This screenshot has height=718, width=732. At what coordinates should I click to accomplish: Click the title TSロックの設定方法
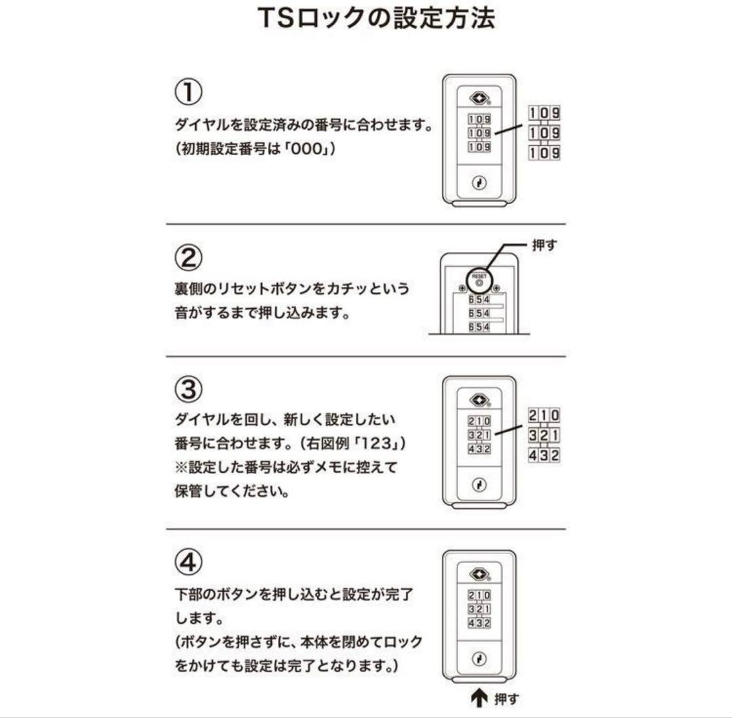click(x=376, y=18)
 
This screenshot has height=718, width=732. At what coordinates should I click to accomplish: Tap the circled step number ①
click(x=188, y=93)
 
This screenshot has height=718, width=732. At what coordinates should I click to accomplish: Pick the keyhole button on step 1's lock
click(x=479, y=184)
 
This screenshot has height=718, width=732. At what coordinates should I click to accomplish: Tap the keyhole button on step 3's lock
click(x=479, y=485)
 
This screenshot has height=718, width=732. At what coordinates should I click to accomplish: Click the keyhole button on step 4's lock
click(x=479, y=659)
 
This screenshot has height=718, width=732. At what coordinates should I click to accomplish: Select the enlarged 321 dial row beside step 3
click(x=544, y=435)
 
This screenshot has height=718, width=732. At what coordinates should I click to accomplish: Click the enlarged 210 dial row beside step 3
click(x=544, y=415)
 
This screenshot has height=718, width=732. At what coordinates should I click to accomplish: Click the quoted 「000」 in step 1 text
click(x=309, y=150)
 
